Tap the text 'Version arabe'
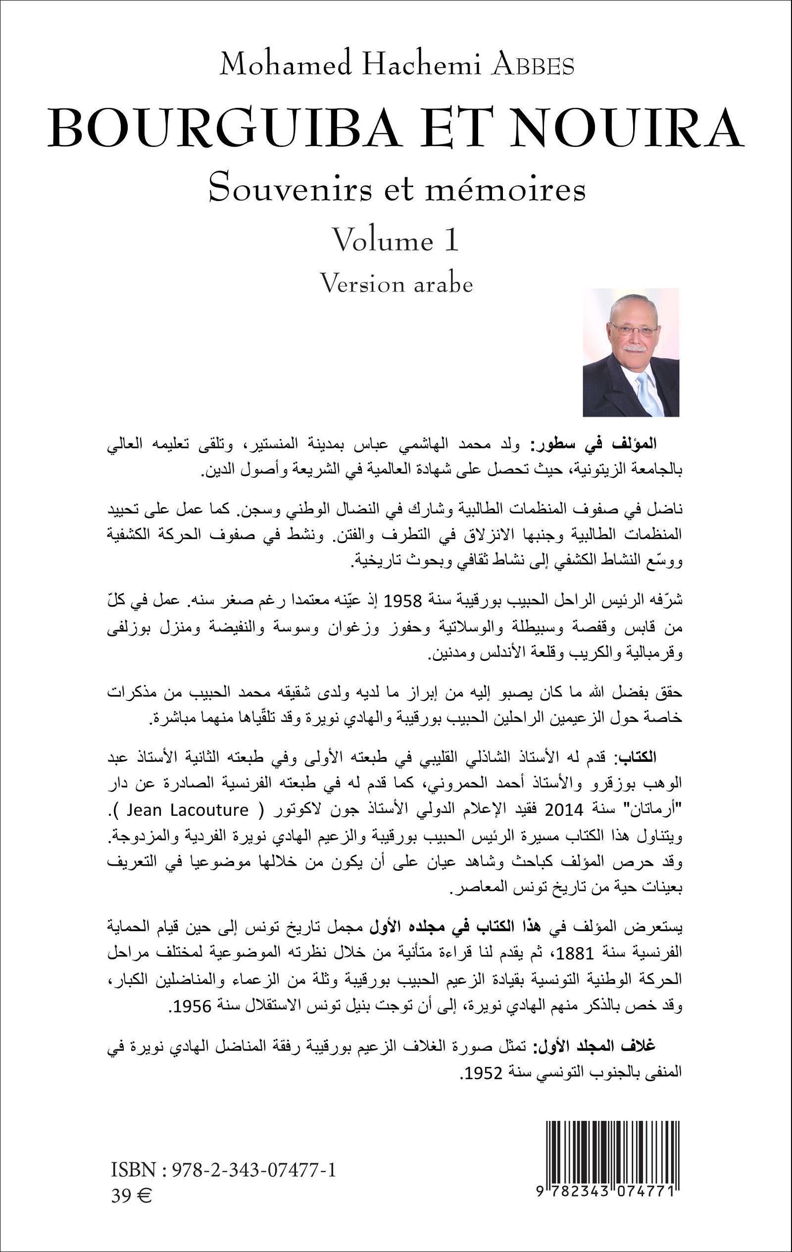[x=396, y=284]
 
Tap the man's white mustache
[x=635, y=348]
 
